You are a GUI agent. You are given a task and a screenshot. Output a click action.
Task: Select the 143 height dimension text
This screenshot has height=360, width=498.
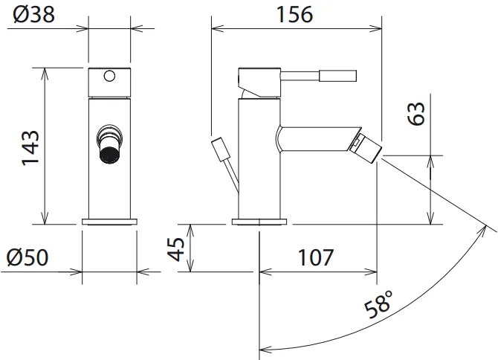30,147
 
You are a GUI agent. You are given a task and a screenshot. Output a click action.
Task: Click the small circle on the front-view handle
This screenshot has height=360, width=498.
109,75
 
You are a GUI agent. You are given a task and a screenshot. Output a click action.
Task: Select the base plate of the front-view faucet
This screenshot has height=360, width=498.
109,221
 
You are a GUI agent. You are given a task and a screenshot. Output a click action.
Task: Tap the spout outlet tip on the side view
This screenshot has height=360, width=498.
371,146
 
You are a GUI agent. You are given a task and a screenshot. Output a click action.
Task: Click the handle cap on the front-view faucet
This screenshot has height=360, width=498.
109,82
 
